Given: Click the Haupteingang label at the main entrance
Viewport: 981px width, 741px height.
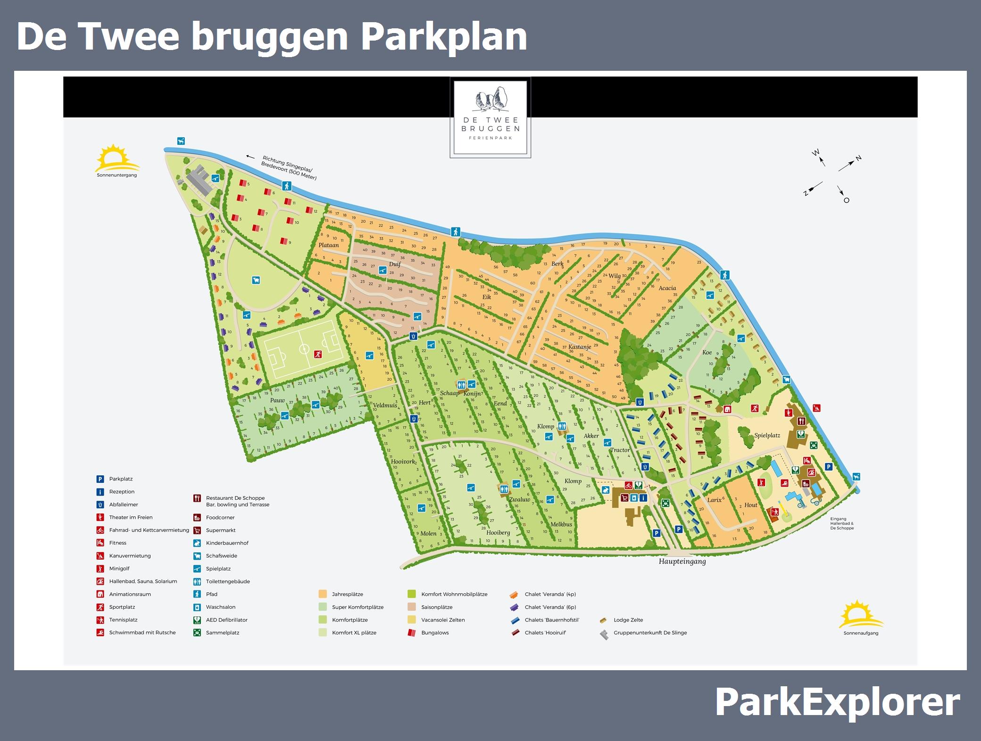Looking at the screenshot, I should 682,562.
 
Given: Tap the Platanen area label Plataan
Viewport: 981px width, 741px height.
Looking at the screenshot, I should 329,245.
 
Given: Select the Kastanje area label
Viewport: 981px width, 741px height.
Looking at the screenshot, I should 580,347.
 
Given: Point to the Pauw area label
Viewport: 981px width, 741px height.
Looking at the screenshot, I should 277,401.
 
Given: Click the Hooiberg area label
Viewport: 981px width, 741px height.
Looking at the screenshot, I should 498,533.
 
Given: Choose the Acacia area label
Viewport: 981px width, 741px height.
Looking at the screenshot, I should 667,288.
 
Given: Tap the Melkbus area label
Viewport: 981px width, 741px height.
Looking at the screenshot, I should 561,524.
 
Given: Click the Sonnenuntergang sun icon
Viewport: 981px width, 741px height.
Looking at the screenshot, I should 117,159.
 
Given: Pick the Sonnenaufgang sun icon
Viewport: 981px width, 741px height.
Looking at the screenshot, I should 861,615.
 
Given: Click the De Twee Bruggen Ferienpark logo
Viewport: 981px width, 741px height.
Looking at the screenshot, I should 490,117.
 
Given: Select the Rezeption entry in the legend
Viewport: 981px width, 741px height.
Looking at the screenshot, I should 122,492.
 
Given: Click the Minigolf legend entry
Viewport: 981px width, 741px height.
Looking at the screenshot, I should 119,569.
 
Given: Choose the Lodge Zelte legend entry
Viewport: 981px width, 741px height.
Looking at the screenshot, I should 628,620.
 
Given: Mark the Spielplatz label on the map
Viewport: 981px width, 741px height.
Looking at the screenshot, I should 767,436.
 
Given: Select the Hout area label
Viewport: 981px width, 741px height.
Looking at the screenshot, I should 751,505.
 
